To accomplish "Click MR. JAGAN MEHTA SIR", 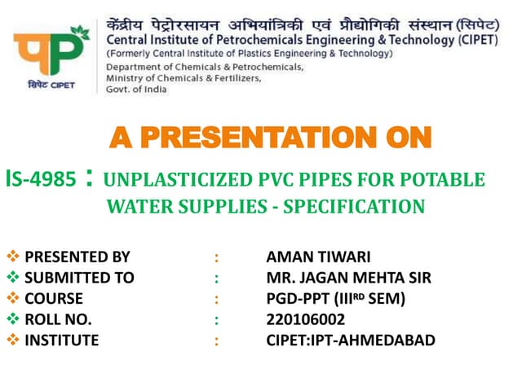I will point(348,278).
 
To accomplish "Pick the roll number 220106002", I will point(305,319).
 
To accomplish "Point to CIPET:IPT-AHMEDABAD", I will point(350,340).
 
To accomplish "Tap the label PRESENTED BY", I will point(77,257).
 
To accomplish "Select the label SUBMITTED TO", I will point(79,278).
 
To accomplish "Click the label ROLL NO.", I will point(58,319).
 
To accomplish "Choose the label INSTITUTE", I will point(61,340).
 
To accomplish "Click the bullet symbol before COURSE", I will point(11,299).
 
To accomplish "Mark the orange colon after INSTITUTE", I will point(216,340).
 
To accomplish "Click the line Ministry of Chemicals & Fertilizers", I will point(183,78).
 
